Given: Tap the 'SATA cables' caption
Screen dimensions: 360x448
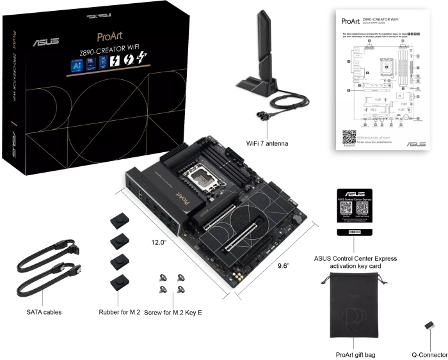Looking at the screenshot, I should [44, 312].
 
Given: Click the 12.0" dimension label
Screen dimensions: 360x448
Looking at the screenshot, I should [159, 243].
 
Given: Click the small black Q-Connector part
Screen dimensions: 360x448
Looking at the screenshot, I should [429, 327].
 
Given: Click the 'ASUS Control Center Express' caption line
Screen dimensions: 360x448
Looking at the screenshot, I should [355, 258].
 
